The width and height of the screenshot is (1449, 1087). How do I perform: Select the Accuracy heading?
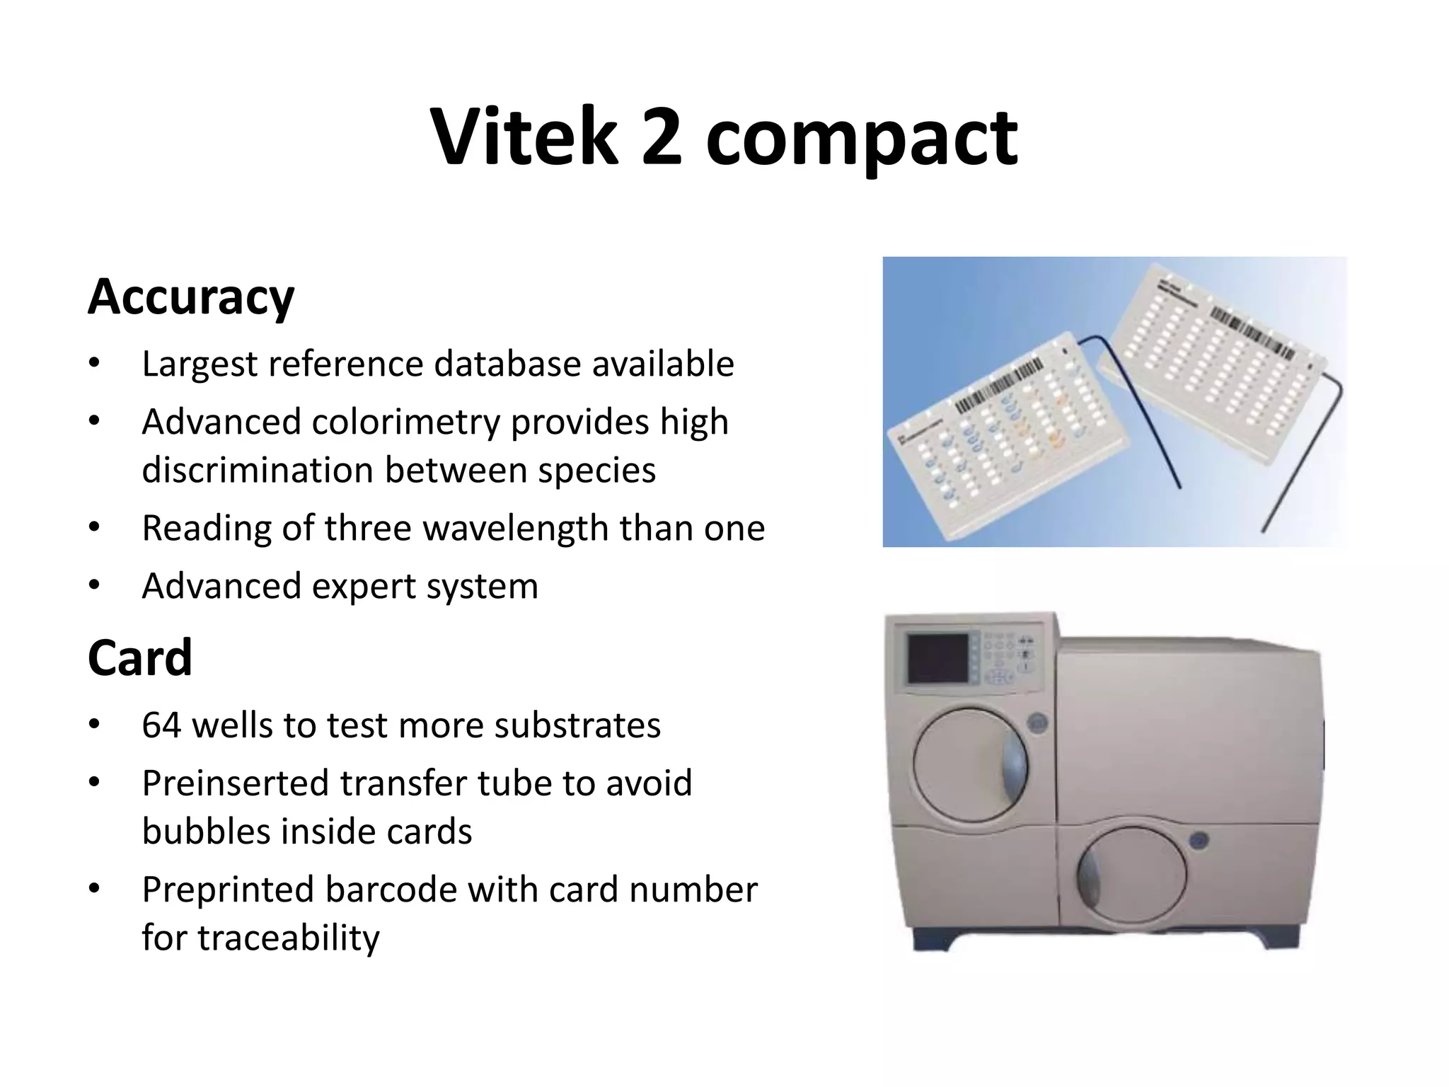click(x=191, y=297)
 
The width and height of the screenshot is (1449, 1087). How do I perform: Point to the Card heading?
click(x=140, y=657)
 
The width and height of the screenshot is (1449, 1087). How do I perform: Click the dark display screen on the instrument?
click(x=938, y=657)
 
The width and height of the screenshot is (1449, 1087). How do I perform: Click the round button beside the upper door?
click(x=1038, y=723)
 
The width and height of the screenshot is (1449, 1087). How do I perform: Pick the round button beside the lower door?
click(x=1199, y=841)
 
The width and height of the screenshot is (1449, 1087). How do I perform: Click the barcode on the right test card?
click(x=1252, y=332)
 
